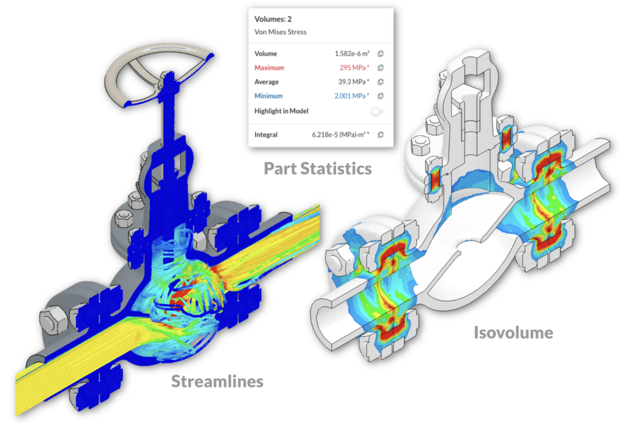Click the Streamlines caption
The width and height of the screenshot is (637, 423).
[x=217, y=381]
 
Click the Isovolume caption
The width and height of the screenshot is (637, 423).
[x=513, y=332]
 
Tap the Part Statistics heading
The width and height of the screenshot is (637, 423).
[x=318, y=169]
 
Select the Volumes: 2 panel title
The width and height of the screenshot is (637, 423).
[x=273, y=19]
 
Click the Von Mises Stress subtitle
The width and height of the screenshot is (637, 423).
[x=281, y=32]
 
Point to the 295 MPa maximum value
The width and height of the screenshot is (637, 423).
[x=354, y=68]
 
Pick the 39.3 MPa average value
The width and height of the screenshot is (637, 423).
[x=354, y=82]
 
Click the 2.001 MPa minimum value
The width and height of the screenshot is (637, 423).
[x=352, y=96]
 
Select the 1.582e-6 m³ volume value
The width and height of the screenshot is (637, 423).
[x=352, y=53]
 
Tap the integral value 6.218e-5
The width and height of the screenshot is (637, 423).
[x=340, y=135]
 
